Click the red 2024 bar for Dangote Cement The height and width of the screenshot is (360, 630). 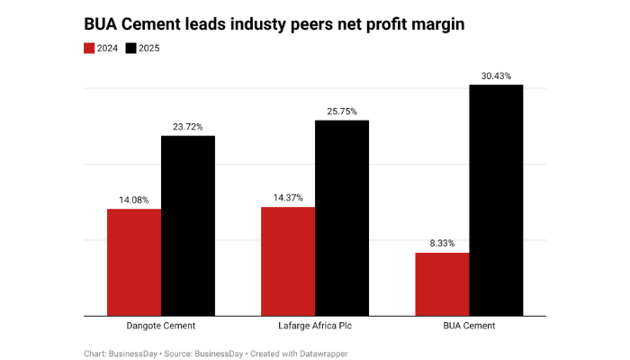[134, 262]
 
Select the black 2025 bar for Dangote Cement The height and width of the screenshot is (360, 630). [188, 225]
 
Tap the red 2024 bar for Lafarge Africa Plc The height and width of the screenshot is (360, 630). [288, 261]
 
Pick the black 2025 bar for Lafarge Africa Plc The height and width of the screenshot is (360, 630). [342, 218]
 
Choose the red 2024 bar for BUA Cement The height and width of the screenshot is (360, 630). [442, 283]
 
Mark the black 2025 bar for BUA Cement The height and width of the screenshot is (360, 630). [496, 200]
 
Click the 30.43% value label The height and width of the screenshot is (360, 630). [496, 76]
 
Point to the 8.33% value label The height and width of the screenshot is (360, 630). [442, 244]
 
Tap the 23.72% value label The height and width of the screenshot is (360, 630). [188, 127]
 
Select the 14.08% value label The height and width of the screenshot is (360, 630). [134, 200]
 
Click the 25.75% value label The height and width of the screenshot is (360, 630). [342, 112]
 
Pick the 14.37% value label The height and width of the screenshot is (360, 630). [288, 198]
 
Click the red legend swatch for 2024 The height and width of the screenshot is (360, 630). [89, 48]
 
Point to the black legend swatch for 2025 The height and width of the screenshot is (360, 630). [132, 48]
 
